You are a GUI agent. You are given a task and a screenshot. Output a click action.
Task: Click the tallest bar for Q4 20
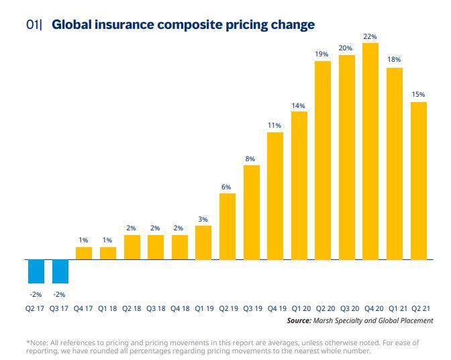tap(370, 151)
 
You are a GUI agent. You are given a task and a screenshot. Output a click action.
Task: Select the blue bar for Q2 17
tap(36, 271)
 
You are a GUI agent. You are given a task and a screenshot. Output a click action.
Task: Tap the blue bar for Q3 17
tap(60, 271)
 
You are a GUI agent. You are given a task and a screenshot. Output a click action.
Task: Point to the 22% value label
tap(370, 36)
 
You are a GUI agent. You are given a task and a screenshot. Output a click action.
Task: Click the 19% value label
tap(322, 54)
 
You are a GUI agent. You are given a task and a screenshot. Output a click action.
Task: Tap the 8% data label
tap(250, 159)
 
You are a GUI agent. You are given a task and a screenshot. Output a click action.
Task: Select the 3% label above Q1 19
tap(203, 219)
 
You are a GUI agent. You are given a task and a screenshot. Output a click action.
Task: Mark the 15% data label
tap(418, 95)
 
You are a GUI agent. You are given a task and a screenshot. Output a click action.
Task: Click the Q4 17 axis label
tap(83, 308)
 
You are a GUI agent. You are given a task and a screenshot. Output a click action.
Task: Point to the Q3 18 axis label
tap(155, 308)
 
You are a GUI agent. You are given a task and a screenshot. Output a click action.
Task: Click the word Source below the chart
tap(299, 321)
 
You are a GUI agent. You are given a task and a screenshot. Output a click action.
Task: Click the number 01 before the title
tap(33, 25)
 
